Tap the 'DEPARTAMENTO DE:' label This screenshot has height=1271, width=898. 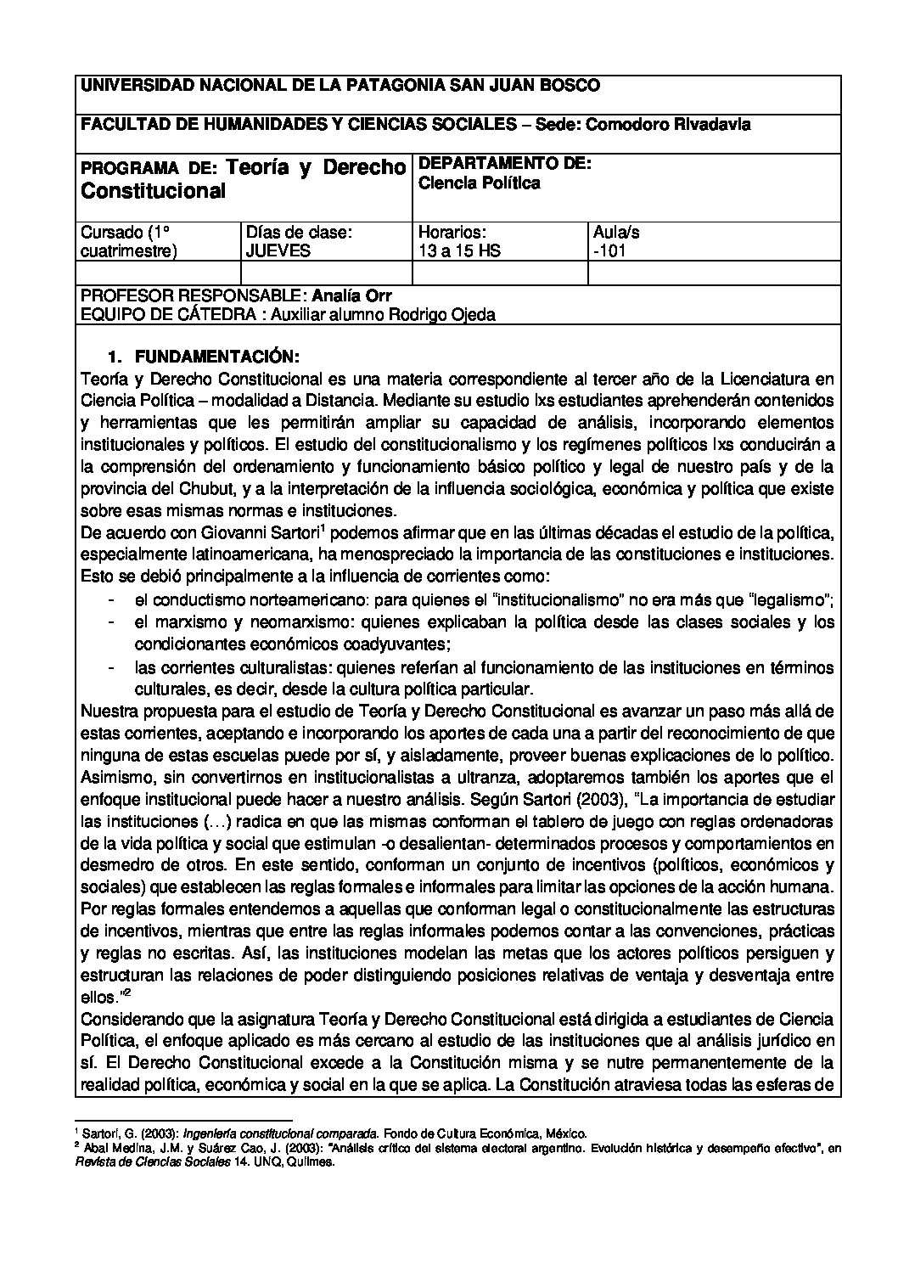[x=505, y=163]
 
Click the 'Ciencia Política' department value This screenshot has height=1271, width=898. [x=480, y=183]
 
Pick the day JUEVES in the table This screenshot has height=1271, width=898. [x=278, y=250]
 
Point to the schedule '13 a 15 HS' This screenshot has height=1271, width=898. [x=459, y=250]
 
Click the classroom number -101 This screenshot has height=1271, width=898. [x=610, y=250]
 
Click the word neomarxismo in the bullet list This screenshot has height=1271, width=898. [x=304, y=622]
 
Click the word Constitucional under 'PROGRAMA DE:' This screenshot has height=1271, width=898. [x=153, y=190]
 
